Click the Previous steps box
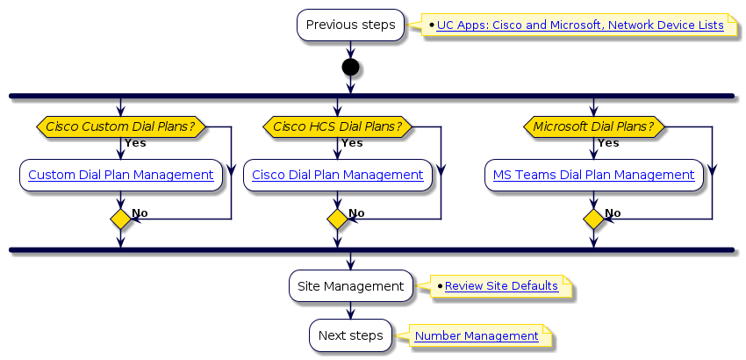tap(350, 25)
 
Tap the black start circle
tap(350, 68)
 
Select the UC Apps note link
tap(580, 25)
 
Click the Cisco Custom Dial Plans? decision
tap(120, 127)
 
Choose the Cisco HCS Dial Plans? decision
tap(338, 127)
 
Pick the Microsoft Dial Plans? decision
tap(593, 127)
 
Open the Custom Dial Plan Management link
tap(121, 175)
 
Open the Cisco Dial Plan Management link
tap(338, 175)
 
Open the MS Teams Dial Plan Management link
tap(593, 175)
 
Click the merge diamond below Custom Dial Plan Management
tap(120, 220)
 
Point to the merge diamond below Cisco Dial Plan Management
tap(338, 220)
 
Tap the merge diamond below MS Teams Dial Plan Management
tap(593, 220)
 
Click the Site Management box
tap(350, 286)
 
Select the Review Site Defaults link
tap(501, 286)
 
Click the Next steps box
tap(350, 335)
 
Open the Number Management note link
tap(477, 335)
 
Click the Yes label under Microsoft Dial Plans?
tap(608, 143)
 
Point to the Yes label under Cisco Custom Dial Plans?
tap(135, 143)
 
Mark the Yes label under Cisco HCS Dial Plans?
tap(352, 143)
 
